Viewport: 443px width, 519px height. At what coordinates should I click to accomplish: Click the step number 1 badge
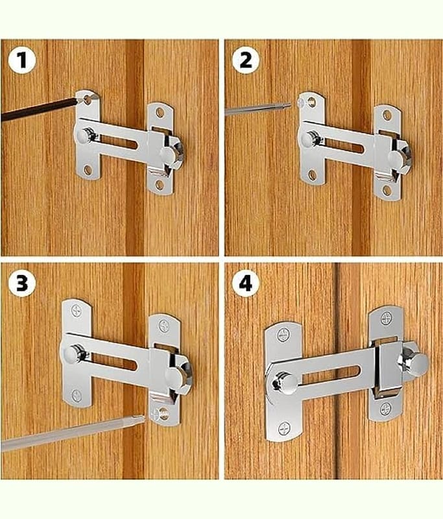point(22,60)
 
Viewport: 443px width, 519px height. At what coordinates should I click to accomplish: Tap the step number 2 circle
point(246,60)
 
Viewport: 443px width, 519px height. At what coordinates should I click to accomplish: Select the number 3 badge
point(22,283)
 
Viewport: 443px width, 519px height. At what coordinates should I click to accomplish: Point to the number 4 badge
point(246,283)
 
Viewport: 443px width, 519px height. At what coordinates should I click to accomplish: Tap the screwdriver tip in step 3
point(140,420)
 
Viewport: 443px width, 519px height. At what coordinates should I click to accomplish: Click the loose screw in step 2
point(302,103)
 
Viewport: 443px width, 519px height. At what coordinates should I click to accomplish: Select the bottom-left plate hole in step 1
point(88,170)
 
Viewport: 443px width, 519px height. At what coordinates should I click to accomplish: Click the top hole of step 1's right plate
point(160,113)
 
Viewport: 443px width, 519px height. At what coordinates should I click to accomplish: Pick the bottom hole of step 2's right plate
point(387,190)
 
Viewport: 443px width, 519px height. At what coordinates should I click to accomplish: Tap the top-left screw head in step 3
point(77,311)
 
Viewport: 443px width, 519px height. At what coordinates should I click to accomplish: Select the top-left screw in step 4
point(283,335)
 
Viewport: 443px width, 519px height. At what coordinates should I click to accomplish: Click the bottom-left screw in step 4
point(284,429)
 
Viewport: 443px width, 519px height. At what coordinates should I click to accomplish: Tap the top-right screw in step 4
point(386,319)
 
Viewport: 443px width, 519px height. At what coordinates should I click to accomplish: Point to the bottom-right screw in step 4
point(386,409)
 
